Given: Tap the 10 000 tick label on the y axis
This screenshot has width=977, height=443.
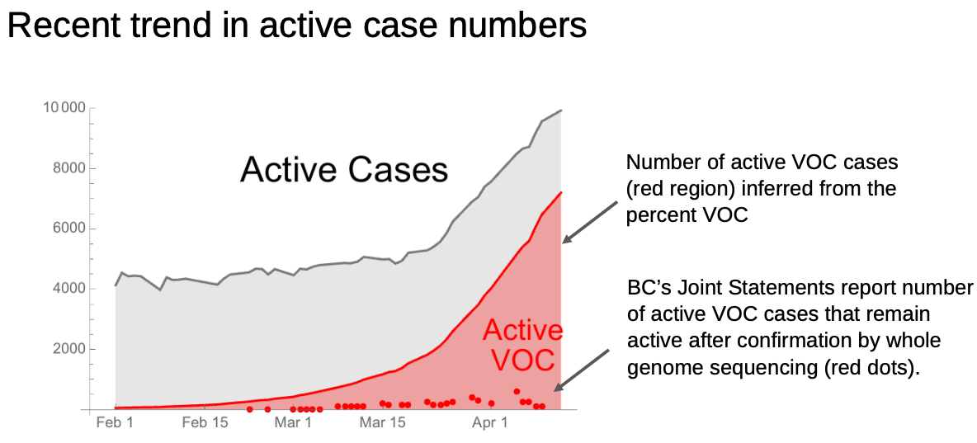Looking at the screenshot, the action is pyautogui.click(x=64, y=108).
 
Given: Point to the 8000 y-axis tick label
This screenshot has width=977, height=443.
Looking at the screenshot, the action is pyautogui.click(x=68, y=169).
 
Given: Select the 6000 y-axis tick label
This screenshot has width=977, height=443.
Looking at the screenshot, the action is pyautogui.click(x=68, y=229).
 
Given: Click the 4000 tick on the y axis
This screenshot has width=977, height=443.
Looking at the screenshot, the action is pyautogui.click(x=68, y=289).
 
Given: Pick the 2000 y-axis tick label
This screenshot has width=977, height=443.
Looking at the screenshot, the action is pyautogui.click(x=68, y=349).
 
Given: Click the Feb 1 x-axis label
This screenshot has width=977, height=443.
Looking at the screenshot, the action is pyautogui.click(x=114, y=424).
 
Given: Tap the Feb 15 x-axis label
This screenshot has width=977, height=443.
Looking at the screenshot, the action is pyautogui.click(x=205, y=424).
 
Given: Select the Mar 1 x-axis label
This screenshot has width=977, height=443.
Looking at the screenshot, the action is pyautogui.click(x=292, y=424).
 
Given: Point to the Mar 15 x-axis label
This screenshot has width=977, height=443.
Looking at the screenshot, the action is pyautogui.click(x=383, y=424).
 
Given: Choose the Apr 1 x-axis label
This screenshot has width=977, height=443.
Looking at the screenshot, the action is pyautogui.click(x=490, y=424).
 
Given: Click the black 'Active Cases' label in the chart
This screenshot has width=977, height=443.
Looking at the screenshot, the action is pyautogui.click(x=344, y=169).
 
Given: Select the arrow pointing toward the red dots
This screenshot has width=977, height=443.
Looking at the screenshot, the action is pyautogui.click(x=582, y=370).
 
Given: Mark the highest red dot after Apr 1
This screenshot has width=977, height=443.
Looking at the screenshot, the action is pyautogui.click(x=517, y=391).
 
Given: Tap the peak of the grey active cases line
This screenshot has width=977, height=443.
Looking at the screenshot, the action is pyautogui.click(x=561, y=111).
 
